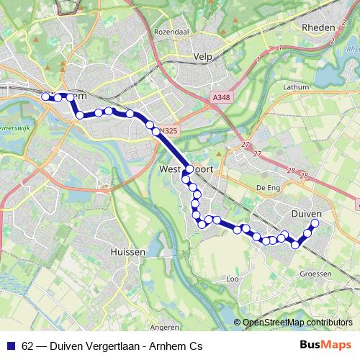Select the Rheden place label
(320, 27)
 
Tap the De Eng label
(267, 186)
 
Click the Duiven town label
(306, 214)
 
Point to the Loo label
(233, 278)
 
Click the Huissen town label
(129, 253)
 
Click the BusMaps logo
(326, 346)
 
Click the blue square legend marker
(12, 346)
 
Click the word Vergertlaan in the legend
(110, 346)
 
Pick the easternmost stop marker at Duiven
(315, 223)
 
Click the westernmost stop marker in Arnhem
(45, 96)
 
